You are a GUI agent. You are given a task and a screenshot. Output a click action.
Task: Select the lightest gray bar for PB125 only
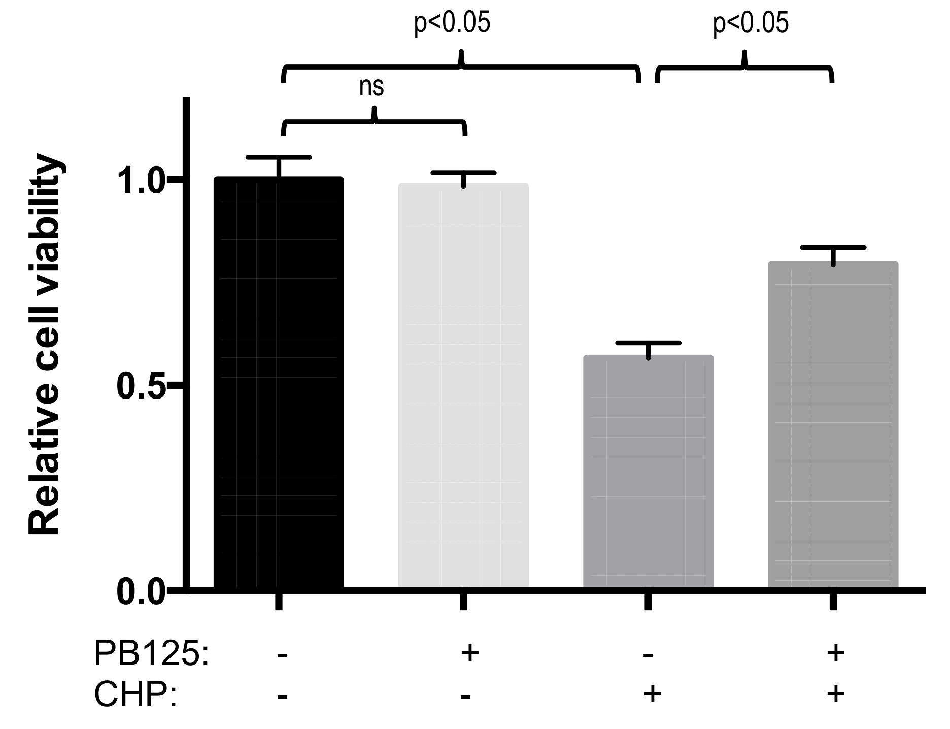463,386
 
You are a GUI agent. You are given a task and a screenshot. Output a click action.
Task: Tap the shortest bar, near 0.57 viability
648,472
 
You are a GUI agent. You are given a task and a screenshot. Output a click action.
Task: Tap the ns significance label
371,87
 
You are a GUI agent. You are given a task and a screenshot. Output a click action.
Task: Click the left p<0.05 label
452,24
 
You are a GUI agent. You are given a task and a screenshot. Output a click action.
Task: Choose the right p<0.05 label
751,24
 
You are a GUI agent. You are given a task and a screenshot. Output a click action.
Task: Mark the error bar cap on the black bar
279,157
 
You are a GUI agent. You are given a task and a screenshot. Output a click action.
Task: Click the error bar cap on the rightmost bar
833,247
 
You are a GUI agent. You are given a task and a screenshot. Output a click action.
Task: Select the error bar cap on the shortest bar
648,343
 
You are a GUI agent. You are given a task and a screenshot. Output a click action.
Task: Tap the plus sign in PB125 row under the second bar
470,653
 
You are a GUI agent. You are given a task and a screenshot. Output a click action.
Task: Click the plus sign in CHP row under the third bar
653,693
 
